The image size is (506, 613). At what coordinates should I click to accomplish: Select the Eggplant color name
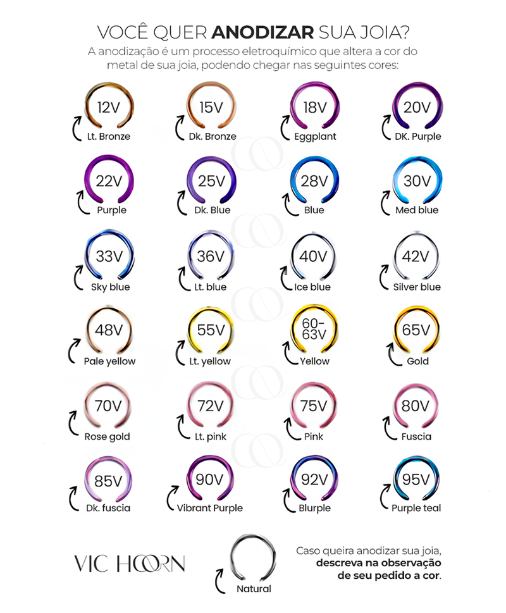(x=314, y=137)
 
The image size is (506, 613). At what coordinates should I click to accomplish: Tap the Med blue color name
(x=417, y=210)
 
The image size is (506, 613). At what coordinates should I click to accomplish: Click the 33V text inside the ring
(x=108, y=256)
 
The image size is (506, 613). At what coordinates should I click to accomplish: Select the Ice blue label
(x=313, y=287)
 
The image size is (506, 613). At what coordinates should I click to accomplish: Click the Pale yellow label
(x=109, y=361)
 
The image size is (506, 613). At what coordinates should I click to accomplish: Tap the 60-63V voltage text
(x=314, y=329)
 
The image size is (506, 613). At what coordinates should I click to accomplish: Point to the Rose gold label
(x=107, y=437)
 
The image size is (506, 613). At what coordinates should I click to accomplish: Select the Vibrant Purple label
(x=210, y=508)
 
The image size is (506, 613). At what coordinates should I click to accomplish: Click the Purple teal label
(x=416, y=508)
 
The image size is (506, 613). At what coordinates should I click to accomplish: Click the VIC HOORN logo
(x=130, y=563)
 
